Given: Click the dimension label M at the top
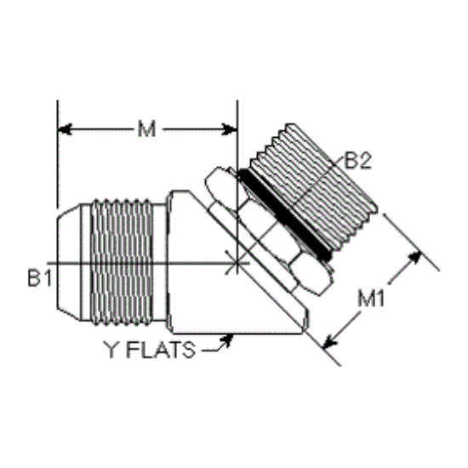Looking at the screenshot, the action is (146, 129).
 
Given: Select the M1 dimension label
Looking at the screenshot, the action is (371, 299).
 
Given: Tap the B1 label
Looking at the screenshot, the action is (39, 278).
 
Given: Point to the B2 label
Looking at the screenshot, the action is (357, 160).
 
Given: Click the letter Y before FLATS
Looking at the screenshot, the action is (111, 350).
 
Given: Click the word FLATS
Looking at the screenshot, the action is (161, 350).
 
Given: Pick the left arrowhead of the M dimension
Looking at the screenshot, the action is (65, 129).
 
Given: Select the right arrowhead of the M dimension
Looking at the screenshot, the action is (230, 129).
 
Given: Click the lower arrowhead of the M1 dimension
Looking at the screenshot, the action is (330, 342).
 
